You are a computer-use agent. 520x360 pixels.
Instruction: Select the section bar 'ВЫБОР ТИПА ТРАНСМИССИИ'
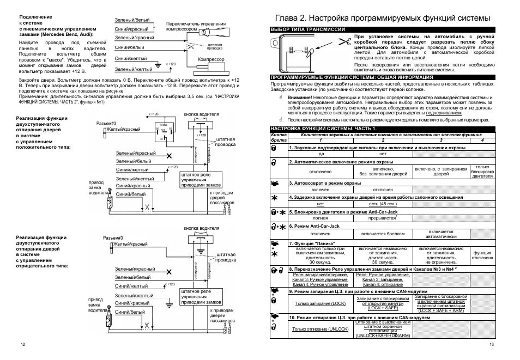coord(304,29)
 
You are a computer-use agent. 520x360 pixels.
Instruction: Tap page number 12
coord(22,345)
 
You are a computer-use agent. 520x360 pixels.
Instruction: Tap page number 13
coord(492,345)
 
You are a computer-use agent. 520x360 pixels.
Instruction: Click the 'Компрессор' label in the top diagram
coord(210,58)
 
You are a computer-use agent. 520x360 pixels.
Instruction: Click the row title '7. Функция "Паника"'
coord(313,243)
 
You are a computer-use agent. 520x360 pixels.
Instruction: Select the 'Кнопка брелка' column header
coord(279,136)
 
